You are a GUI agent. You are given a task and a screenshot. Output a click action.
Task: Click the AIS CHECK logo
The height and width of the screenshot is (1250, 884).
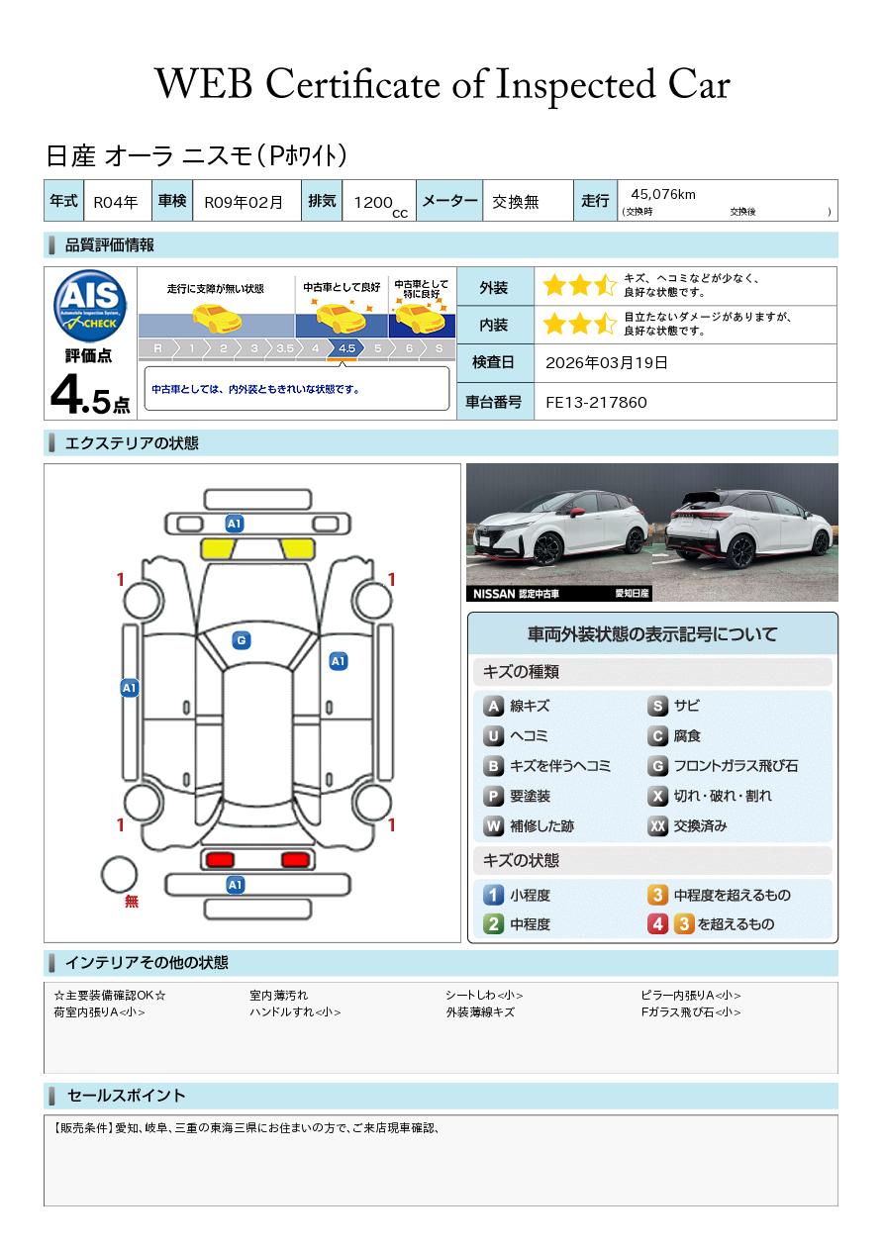coord(90,306)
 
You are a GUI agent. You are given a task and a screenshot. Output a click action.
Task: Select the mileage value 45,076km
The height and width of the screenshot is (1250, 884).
coord(663,194)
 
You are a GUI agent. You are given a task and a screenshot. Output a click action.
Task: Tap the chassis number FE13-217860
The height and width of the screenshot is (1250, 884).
coord(596,403)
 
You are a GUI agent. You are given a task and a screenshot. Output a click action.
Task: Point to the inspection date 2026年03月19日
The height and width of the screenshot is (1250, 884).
coord(607,362)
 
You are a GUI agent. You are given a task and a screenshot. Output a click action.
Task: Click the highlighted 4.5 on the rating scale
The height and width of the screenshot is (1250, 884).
coord(346,348)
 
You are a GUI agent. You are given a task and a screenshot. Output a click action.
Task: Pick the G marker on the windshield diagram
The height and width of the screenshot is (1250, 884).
coord(242,640)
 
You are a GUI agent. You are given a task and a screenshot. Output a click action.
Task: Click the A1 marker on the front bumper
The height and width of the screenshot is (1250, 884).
coord(235,524)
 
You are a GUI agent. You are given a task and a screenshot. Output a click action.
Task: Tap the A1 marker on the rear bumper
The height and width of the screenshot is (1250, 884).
coord(235,885)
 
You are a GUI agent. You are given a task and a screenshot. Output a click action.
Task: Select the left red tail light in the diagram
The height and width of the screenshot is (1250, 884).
coord(220,860)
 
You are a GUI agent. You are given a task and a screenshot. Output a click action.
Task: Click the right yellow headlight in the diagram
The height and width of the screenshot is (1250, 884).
coord(298,549)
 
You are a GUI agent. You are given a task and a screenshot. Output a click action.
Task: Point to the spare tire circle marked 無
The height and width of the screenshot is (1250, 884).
coord(119,875)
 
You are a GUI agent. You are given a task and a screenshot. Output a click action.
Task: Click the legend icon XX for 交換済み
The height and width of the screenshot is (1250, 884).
coord(657,825)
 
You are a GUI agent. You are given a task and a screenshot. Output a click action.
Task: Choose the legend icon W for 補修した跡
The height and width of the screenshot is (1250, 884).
coord(493,825)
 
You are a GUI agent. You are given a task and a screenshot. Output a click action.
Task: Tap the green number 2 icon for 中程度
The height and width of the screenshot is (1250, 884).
coord(493,924)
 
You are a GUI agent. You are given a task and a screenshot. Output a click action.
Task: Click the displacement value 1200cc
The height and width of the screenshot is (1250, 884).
coord(380,204)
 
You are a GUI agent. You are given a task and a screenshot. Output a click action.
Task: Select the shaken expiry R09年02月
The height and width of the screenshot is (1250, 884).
coord(244,202)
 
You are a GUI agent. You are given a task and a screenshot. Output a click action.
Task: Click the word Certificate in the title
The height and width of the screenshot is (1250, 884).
coord(352,84)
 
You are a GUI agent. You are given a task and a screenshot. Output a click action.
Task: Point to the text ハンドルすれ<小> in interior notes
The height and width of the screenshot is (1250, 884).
coord(295,1011)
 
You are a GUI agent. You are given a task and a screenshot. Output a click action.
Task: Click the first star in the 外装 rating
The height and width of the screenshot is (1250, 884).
coord(554,285)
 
